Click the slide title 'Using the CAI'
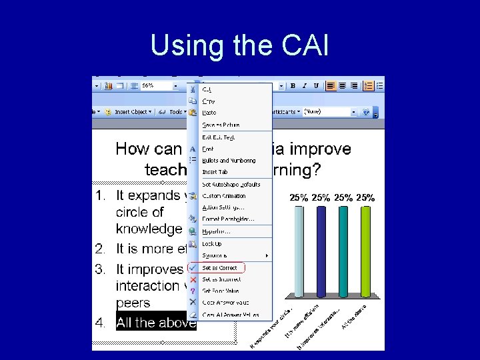pos(239,45)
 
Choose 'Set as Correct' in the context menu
pos(219,268)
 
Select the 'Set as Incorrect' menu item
pos(221,279)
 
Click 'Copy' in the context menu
pos(209,101)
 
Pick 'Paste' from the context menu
pos(209,113)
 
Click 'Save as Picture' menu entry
pos(221,125)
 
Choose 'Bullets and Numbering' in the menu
pos(229,161)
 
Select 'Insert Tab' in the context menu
pos(215,172)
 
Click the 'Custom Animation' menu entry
pos(224,196)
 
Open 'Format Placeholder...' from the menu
pos(228,219)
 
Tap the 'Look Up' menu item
pos(212,244)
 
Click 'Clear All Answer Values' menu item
pos(231,315)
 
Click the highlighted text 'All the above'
pos(156,323)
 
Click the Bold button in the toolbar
pos(293,86)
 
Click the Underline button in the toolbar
pos(316,86)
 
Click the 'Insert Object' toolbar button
pos(131,112)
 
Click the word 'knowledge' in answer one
pos(149,229)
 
